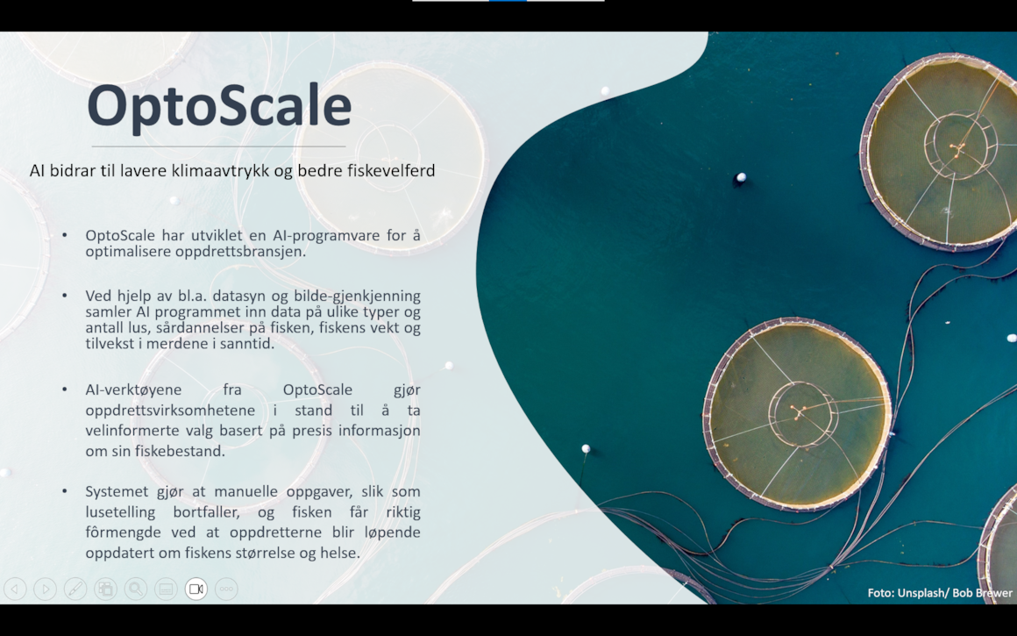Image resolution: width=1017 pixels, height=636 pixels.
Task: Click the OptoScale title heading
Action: pos(219,106)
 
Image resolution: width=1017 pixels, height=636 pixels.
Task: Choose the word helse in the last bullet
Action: pos(340,553)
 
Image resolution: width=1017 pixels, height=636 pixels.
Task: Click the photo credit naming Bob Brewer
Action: pos(940,592)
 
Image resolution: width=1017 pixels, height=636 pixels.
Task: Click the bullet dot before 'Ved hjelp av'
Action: pos(65,296)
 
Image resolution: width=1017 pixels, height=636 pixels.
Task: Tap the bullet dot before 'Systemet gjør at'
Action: pos(65,491)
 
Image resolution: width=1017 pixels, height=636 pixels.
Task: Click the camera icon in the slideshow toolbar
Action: pos(196,590)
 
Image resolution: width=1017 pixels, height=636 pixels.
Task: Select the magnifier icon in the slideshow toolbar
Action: pos(136,590)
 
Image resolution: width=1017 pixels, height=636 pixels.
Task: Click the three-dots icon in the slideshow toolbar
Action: pos(226,590)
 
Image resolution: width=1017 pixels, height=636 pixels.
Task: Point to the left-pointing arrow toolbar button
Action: pos(15,590)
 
